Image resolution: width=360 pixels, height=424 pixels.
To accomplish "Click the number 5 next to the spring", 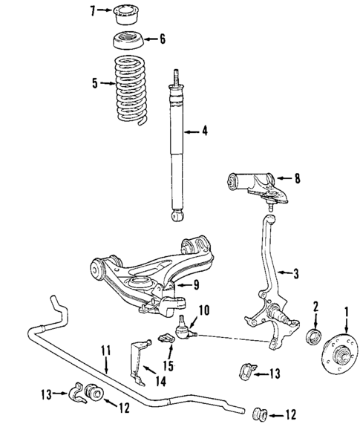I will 94,84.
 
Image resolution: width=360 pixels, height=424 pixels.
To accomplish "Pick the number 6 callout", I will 163,39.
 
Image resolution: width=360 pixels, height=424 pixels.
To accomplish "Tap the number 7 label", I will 92,10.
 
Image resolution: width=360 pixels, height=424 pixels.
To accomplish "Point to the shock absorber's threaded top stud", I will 177,76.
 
